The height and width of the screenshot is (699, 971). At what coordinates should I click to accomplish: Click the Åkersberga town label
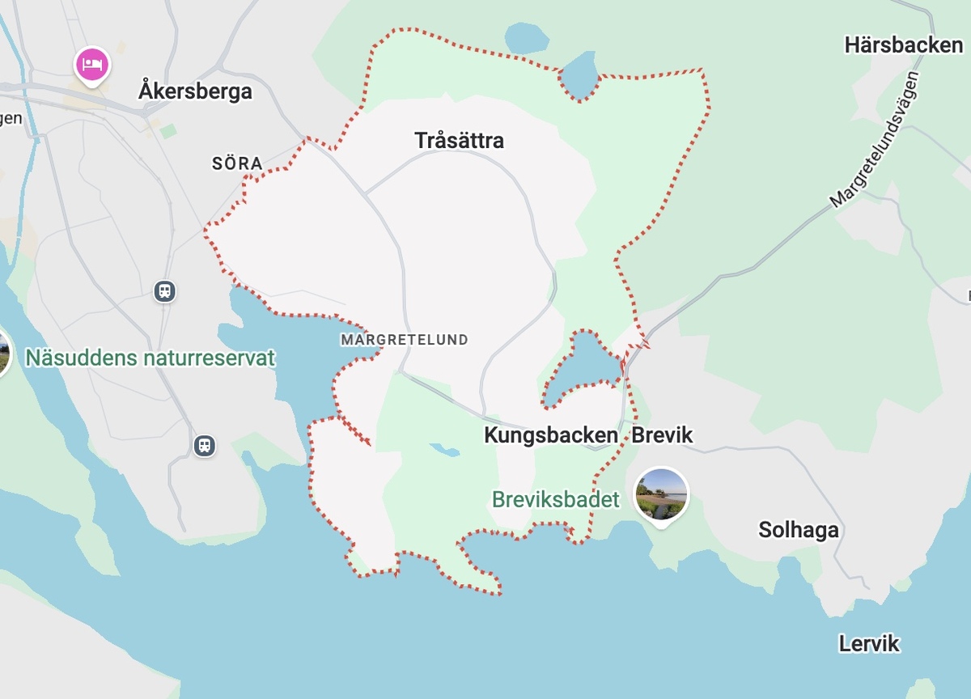(195, 91)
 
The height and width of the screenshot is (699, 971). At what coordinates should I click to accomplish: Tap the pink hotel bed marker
(92, 64)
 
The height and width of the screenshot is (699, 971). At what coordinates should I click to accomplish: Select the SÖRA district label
(237, 163)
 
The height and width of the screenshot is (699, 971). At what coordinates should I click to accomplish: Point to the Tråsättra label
(459, 141)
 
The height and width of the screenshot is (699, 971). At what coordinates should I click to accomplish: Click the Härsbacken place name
(903, 45)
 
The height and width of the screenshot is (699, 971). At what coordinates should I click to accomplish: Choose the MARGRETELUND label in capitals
(405, 340)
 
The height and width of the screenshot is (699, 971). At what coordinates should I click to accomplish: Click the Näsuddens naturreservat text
(151, 358)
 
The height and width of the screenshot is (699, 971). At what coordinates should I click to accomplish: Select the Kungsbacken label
(550, 435)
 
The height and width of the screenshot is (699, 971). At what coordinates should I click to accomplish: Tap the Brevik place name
(662, 435)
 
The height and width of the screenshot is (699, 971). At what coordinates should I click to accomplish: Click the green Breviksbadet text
(555, 500)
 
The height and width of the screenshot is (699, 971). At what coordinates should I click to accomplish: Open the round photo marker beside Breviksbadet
(662, 494)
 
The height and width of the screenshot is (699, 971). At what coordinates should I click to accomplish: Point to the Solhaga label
(798, 531)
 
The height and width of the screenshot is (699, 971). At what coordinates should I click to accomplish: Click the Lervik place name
(869, 644)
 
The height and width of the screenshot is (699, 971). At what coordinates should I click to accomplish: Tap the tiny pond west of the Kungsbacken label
(443, 448)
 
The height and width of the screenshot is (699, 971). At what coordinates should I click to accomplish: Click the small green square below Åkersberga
(167, 131)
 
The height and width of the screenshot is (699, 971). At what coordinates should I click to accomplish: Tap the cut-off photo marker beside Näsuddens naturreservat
(4, 354)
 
